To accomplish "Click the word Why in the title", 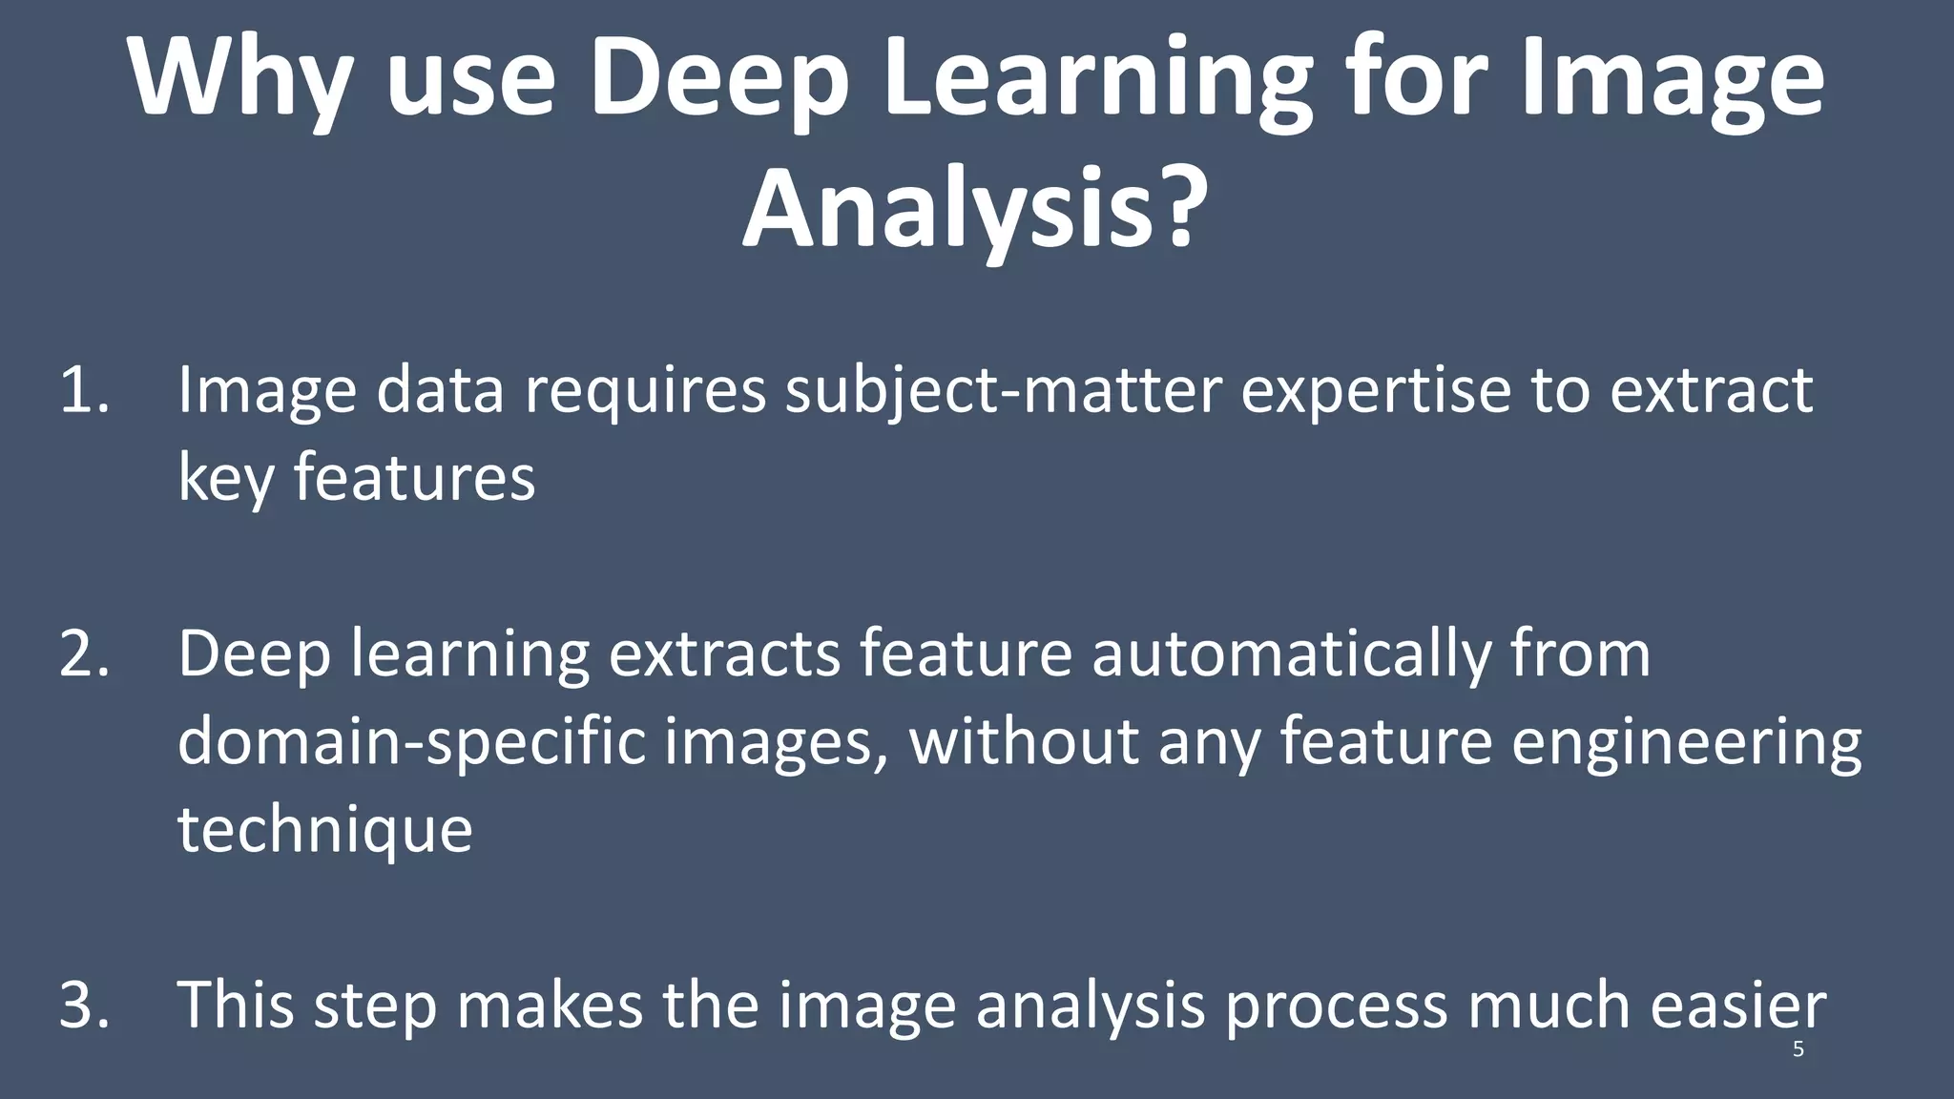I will click(x=239, y=78).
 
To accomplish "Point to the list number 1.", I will click(x=82, y=391).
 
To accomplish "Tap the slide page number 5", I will click(x=1798, y=1050).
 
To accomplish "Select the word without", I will click(x=1024, y=742).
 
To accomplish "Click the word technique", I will click(x=325, y=830).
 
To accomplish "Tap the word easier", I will click(x=1737, y=1006).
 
